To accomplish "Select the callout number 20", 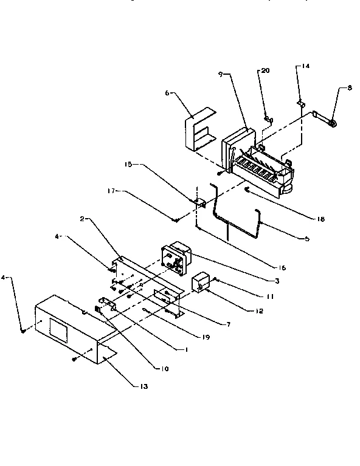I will [265, 71].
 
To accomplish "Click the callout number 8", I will [349, 87].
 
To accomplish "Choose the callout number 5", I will [306, 239].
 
